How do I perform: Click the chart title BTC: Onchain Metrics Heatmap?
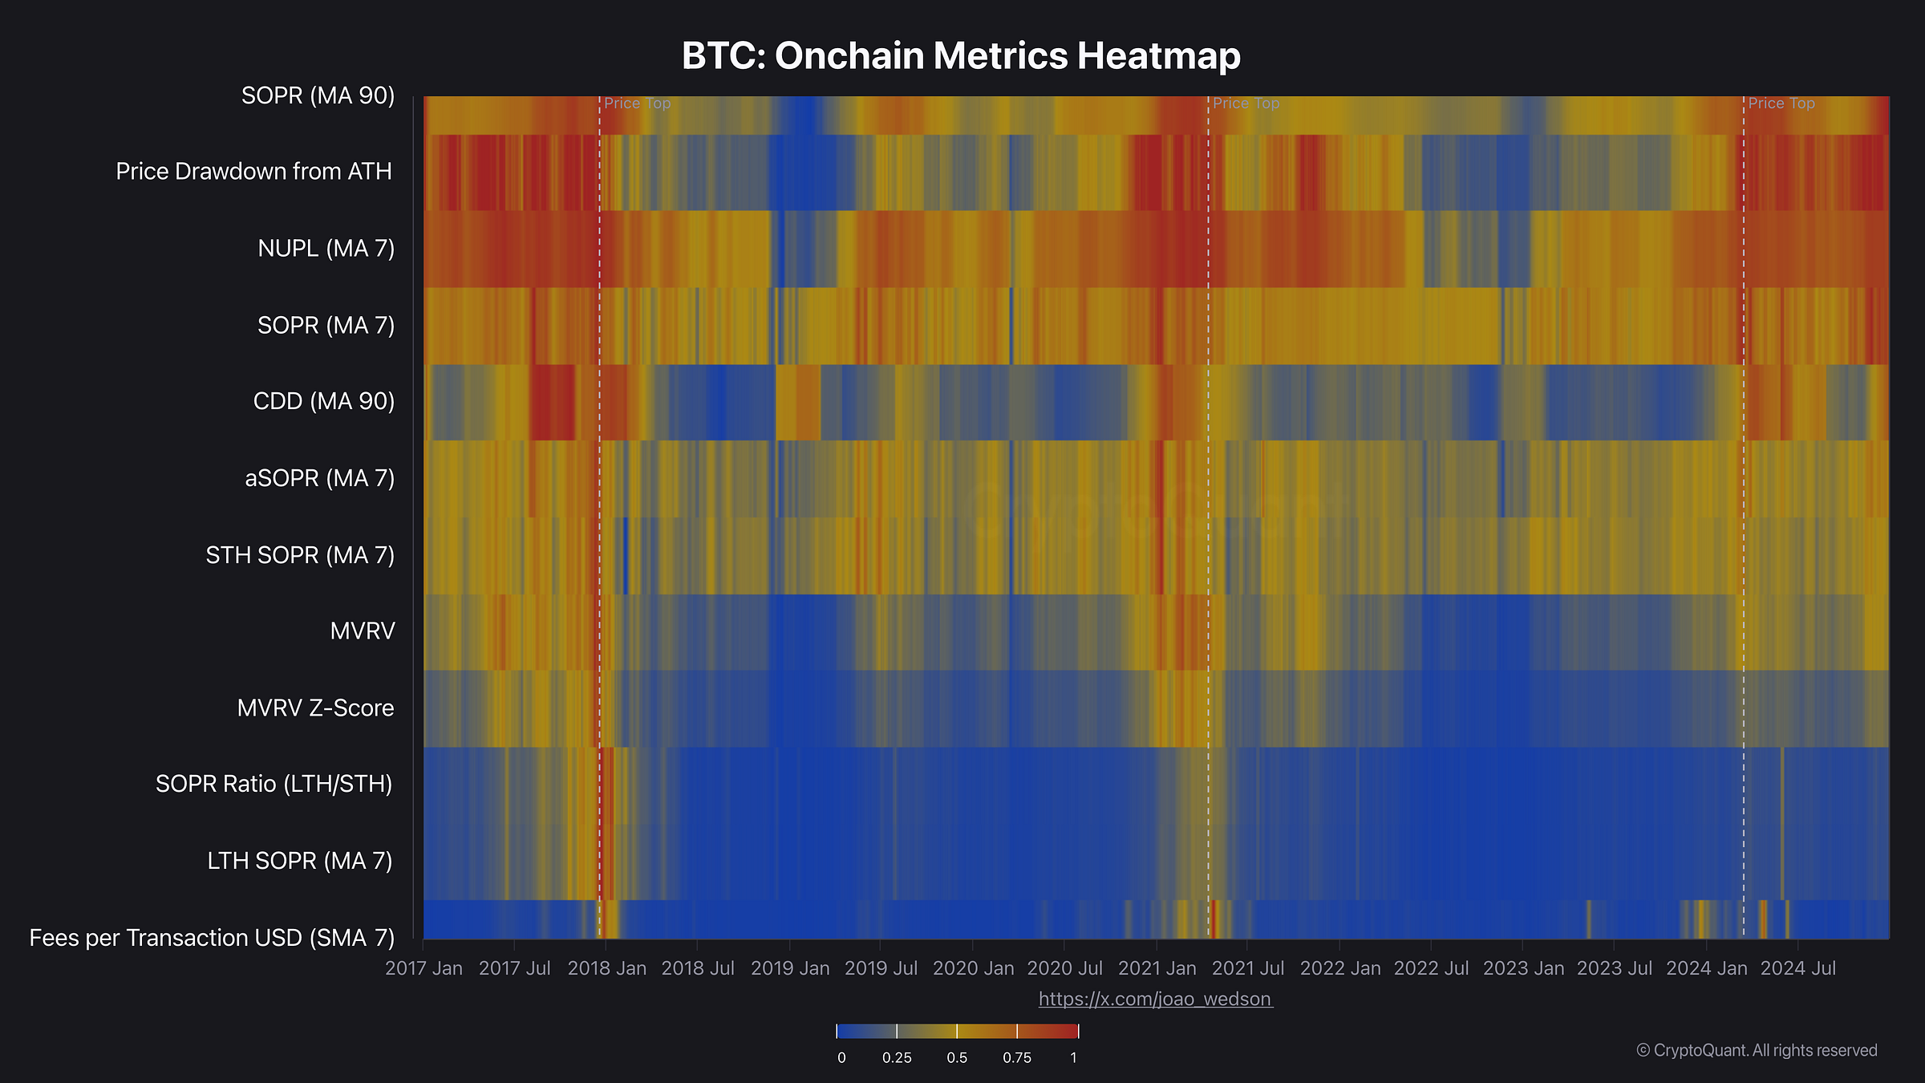point(961,56)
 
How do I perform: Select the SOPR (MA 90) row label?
point(318,95)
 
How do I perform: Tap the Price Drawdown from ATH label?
point(253,171)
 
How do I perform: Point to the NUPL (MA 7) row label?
point(326,248)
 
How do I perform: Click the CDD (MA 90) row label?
point(323,401)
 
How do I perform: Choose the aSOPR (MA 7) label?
point(319,478)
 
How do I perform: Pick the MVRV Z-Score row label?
point(315,708)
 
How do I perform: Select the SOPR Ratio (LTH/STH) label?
point(274,784)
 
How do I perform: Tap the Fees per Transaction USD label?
point(212,937)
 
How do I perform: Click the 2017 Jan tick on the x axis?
point(423,968)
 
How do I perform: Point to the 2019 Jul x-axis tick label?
point(881,968)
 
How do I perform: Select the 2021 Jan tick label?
point(1157,968)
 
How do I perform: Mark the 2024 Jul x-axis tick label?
point(1797,968)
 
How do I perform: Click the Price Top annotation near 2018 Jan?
point(637,103)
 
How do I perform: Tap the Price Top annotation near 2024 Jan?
point(1781,103)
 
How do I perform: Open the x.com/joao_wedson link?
point(1155,999)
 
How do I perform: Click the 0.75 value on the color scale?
point(1016,1057)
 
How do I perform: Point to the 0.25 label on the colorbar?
point(896,1057)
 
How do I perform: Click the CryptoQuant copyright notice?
point(1757,1050)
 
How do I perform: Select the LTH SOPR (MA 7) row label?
point(299,861)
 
